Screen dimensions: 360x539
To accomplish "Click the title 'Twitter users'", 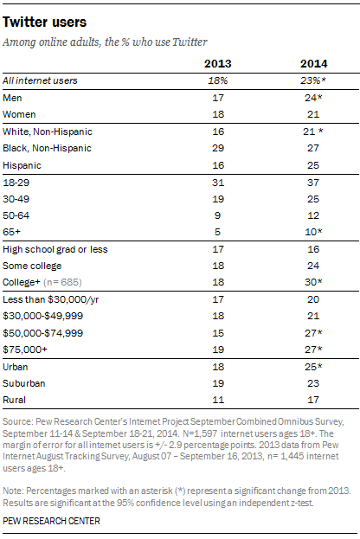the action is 45,22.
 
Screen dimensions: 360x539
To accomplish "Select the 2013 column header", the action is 218,64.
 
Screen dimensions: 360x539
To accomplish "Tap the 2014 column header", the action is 313,64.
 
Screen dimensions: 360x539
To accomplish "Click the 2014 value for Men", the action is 313,98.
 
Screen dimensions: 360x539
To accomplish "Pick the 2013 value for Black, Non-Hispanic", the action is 218,148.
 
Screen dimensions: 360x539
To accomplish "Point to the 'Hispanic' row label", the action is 22,165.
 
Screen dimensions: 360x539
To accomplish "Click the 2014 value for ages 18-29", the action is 313,183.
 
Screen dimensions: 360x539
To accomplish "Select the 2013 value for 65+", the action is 217,232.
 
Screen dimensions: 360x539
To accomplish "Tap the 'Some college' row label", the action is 32,266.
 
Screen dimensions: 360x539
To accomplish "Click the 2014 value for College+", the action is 313,282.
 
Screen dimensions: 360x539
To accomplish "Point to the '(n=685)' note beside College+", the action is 62,282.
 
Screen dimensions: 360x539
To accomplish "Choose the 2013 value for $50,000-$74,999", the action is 218,333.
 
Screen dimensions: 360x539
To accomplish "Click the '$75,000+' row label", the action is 25,350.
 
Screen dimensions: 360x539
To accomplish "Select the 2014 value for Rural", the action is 313,400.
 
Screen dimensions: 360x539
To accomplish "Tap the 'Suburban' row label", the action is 24,383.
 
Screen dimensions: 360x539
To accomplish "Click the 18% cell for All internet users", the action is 218,80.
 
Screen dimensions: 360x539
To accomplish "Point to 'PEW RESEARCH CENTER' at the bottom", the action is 51,521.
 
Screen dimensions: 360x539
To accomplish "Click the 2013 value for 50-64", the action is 218,215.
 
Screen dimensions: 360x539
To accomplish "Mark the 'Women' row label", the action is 19,114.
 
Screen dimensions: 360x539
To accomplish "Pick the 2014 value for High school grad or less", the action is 313,249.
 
